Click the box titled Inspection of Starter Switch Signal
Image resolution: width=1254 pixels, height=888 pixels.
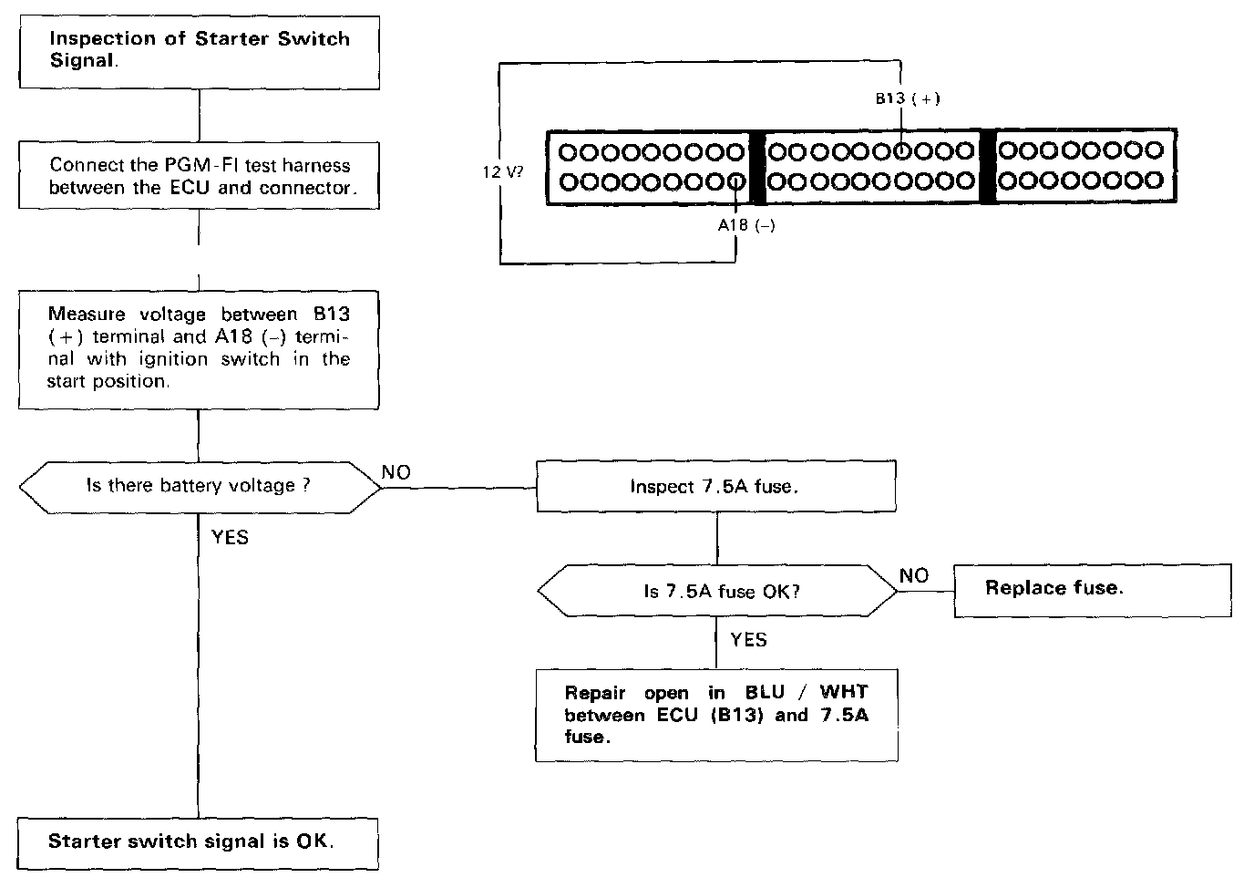point(199,51)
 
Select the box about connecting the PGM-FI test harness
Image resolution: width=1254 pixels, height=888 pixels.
point(199,176)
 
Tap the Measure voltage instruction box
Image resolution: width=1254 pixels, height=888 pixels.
point(199,348)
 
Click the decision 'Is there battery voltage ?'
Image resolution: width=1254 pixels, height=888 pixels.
point(199,486)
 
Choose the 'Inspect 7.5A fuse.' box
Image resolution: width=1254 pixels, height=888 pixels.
point(715,486)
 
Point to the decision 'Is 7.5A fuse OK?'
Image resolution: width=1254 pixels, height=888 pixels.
point(717,591)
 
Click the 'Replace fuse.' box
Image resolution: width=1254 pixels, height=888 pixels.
point(1092,589)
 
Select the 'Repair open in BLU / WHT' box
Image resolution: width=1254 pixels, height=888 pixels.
point(715,715)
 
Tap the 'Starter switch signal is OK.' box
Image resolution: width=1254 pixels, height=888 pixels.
point(199,842)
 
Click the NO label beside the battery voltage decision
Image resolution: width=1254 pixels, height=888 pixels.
point(396,472)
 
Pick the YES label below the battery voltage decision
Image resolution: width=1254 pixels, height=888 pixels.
point(230,537)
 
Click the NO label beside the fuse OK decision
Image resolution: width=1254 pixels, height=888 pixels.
point(914,575)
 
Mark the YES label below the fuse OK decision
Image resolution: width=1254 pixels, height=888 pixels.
point(748,639)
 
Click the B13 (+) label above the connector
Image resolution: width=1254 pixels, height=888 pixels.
point(908,98)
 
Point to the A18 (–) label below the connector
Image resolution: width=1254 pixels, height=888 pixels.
point(745,225)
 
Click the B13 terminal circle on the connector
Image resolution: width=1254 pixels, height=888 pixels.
point(902,150)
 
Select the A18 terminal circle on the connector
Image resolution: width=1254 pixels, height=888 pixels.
point(736,182)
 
